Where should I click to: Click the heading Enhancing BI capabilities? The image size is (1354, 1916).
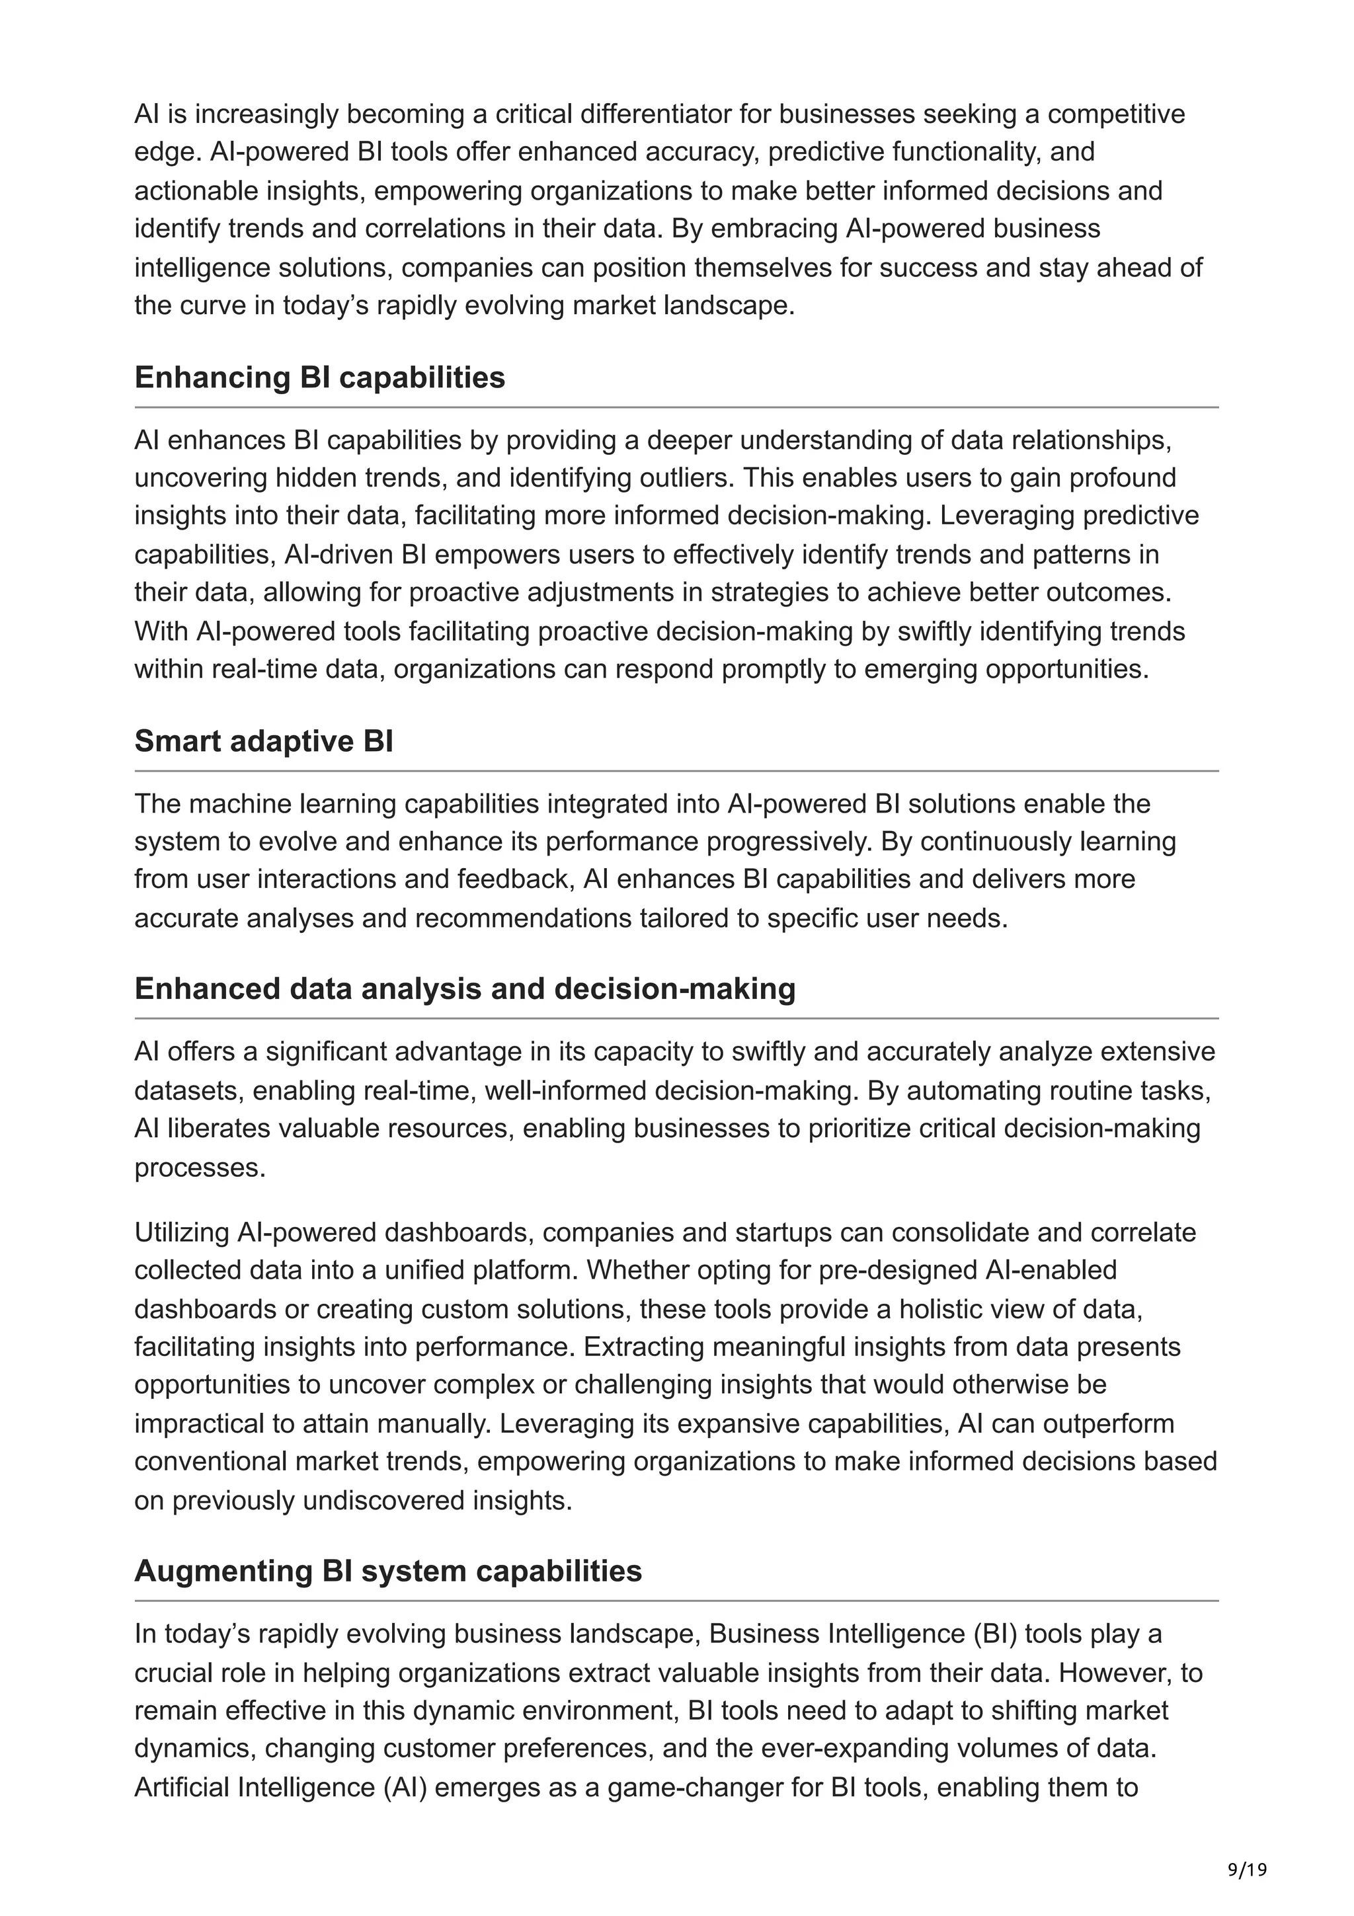point(319,378)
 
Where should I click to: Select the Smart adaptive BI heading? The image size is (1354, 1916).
point(264,741)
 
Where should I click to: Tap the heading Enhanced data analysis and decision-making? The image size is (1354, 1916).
point(465,989)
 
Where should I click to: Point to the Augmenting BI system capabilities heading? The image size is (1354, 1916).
point(388,1572)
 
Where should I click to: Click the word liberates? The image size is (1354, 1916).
point(202,1128)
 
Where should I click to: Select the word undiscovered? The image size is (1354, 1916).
point(383,1500)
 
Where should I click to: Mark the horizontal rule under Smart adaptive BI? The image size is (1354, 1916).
point(676,771)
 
